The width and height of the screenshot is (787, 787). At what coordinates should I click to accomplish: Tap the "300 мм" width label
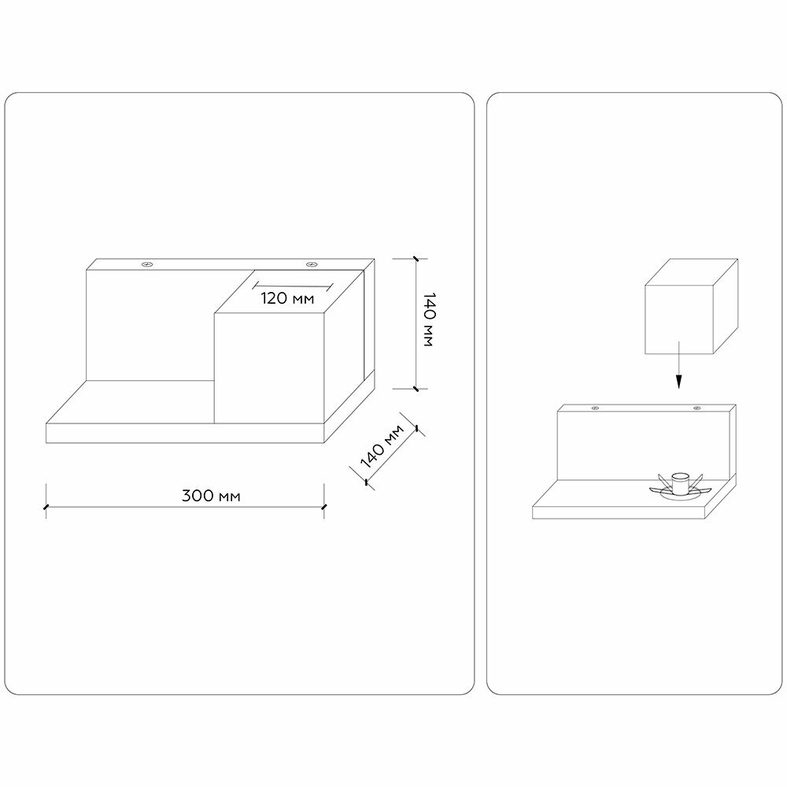tap(211, 496)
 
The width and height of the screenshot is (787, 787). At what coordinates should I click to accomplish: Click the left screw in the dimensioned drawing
tap(146, 264)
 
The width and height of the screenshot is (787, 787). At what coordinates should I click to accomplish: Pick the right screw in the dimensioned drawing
tap(312, 264)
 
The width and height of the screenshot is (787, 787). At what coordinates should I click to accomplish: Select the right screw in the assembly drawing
tap(696, 408)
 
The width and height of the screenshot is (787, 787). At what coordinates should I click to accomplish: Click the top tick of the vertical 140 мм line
tap(415, 258)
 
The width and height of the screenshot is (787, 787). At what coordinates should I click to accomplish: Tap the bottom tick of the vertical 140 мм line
tap(415, 388)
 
